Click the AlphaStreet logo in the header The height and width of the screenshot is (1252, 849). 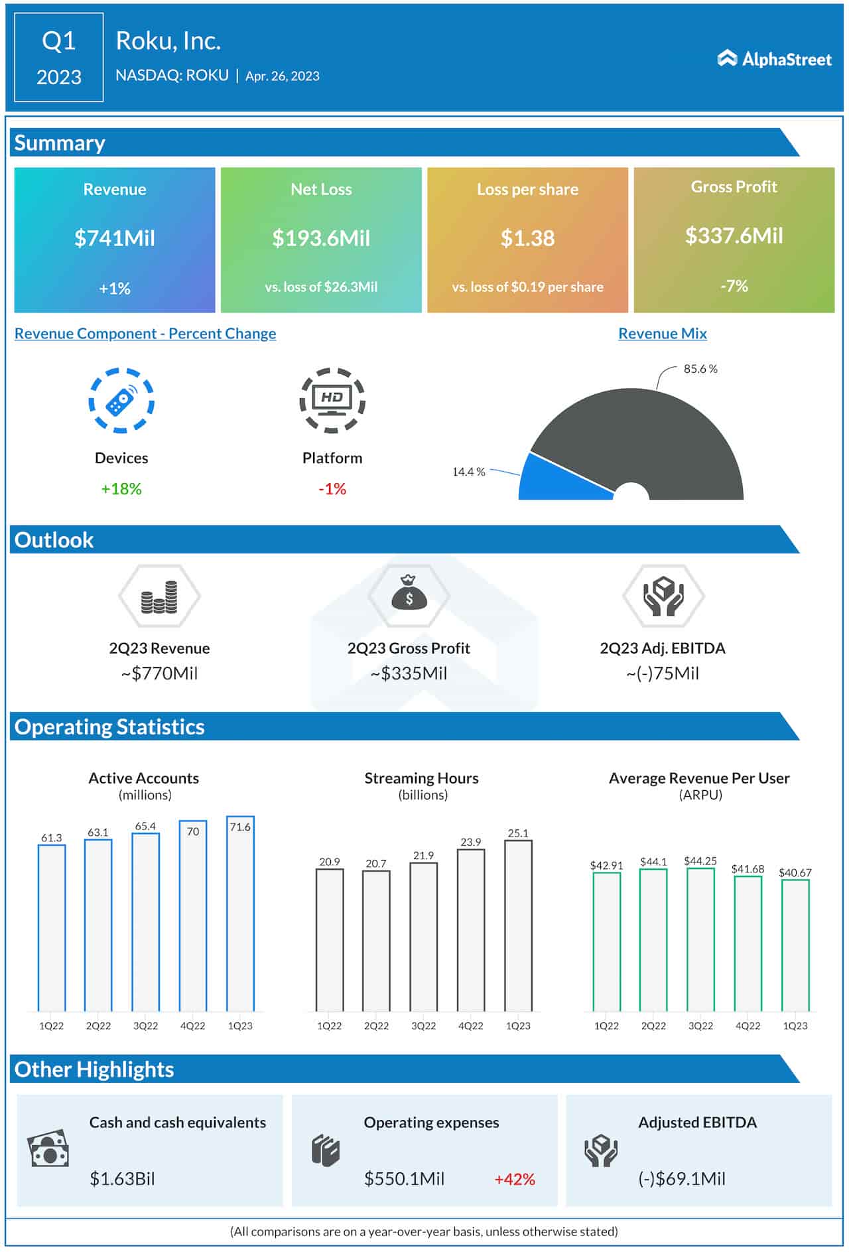point(774,59)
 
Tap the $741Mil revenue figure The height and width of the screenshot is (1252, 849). point(114,238)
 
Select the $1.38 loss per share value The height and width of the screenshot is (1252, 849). point(527,238)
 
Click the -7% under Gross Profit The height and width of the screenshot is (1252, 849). point(734,286)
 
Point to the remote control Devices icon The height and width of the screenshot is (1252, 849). point(121,401)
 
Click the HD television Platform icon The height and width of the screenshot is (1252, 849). point(332,400)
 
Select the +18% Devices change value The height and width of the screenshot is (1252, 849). point(121,489)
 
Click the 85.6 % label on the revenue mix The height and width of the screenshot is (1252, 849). point(700,369)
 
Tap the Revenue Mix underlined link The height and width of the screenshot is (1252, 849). point(662,334)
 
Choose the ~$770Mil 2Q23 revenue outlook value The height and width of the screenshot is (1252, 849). point(159,673)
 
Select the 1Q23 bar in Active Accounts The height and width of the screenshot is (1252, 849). point(240,916)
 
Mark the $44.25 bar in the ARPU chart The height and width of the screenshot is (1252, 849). point(700,939)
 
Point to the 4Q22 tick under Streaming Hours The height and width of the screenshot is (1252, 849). point(470,1026)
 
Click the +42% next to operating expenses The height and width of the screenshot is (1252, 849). point(514,1179)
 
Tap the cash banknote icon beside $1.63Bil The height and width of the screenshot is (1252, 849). point(48,1148)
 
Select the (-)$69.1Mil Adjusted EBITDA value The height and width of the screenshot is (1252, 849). point(681,1179)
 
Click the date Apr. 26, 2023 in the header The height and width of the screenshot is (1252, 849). point(282,76)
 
